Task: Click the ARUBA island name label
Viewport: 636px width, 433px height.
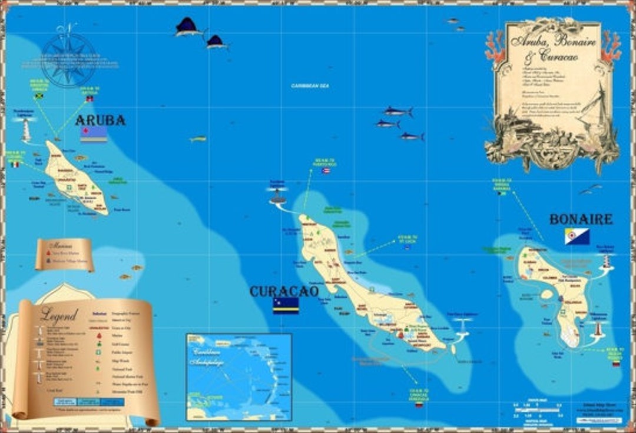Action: coord(100,121)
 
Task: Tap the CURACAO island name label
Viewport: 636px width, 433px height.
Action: coord(284,291)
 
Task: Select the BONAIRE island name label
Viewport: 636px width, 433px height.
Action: coord(581,219)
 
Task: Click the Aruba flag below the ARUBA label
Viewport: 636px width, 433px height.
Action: coord(94,135)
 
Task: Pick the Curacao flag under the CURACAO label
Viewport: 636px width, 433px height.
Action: coord(286,305)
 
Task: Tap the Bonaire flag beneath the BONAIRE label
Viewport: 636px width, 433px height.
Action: coord(577,237)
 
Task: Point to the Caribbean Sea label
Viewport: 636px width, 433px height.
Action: coord(310,86)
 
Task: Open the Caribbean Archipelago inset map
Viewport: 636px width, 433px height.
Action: coord(238,377)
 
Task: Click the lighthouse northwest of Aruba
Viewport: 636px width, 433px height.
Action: coord(26,129)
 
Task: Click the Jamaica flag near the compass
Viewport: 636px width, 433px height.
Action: coord(39,96)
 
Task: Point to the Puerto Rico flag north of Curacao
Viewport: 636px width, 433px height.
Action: coord(326,171)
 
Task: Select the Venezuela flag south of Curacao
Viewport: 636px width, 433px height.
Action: coord(419,405)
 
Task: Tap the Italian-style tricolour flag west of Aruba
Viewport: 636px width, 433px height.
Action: coord(15,164)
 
